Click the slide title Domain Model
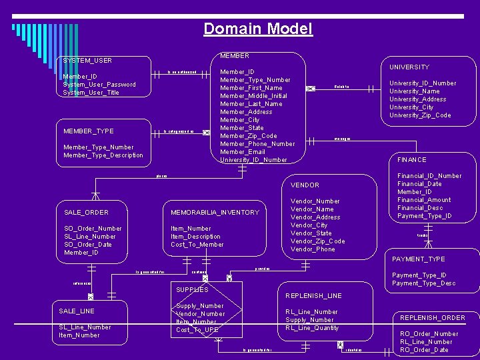257,29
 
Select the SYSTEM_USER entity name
87,61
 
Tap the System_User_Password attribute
99,85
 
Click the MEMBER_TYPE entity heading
88,131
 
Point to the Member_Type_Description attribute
103,155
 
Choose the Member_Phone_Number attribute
257,144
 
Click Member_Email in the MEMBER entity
242,152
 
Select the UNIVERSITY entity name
409,67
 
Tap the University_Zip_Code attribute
420,115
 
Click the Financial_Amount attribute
424,200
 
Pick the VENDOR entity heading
305,185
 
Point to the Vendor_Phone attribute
313,249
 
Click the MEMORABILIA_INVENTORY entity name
215,213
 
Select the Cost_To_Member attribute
197,245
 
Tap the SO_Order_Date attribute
88,245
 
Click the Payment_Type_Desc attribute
424,283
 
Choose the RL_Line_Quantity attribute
312,328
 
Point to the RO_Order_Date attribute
424,350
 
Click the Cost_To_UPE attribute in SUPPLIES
197,330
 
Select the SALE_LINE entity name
77,311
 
